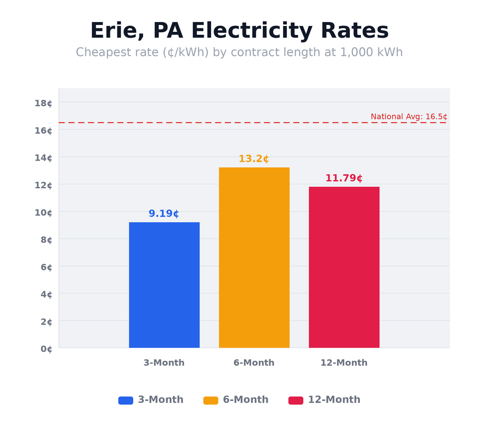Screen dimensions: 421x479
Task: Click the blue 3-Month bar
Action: pyautogui.click(x=164, y=285)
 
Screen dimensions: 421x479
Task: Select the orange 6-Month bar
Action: pyautogui.click(x=254, y=257)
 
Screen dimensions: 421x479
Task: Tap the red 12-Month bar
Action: pyautogui.click(x=344, y=267)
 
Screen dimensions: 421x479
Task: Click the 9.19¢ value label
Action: pyautogui.click(x=164, y=214)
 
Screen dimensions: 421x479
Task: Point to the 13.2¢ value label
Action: pyautogui.click(x=254, y=159)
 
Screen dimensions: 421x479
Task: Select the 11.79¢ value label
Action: pyautogui.click(x=344, y=179)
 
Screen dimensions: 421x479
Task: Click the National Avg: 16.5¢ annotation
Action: pyautogui.click(x=409, y=117)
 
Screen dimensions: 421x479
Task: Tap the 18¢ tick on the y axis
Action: pyautogui.click(x=44, y=103)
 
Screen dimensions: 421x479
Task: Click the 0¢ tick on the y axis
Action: pyautogui.click(x=46, y=349)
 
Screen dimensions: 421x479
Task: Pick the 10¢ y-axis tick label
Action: pyautogui.click(x=44, y=212)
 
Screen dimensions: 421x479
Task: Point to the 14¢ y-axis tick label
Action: pyautogui.click(x=44, y=158)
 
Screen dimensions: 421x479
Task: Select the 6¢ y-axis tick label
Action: pyautogui.click(x=46, y=267)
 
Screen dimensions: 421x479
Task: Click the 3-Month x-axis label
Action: pyautogui.click(x=164, y=363)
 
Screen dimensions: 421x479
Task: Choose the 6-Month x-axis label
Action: pyautogui.click(x=254, y=363)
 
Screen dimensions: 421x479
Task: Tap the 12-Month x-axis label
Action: pyautogui.click(x=344, y=363)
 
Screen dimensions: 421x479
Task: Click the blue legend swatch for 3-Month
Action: pyautogui.click(x=126, y=400)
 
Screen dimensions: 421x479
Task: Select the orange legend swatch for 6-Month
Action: pyautogui.click(x=211, y=400)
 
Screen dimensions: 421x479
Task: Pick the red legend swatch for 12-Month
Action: pyautogui.click(x=296, y=400)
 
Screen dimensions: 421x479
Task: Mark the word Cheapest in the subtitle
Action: pyautogui.click(x=101, y=53)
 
